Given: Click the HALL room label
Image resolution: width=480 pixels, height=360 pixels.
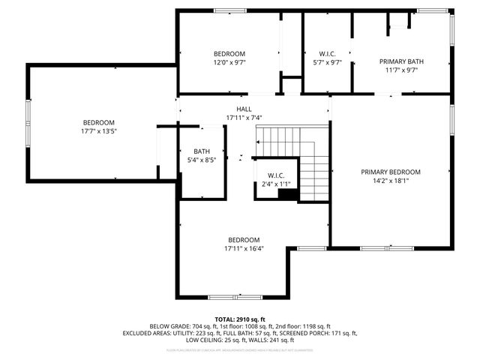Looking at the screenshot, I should pos(244,109).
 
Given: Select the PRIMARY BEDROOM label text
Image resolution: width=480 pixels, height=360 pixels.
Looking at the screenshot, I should pos(390,171).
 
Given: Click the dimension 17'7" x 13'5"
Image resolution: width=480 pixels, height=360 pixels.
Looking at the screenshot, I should pos(98,131).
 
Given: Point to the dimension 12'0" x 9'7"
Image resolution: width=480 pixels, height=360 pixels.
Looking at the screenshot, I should pos(229,62).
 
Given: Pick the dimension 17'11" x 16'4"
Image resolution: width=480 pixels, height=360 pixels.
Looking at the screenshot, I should pos(244,248).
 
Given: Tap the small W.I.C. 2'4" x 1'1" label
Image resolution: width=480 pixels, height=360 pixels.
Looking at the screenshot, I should pos(276,180).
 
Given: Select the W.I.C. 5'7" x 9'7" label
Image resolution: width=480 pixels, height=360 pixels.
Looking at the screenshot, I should pos(327,58).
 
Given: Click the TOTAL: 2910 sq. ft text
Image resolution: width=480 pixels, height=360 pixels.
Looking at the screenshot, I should pos(240,319).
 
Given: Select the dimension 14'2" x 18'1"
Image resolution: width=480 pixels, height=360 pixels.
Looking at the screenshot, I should pos(390,180).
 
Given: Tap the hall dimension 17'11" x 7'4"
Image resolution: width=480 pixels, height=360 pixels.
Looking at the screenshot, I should pos(244,118).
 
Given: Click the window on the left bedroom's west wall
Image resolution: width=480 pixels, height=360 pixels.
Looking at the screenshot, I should pos(29,120).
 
